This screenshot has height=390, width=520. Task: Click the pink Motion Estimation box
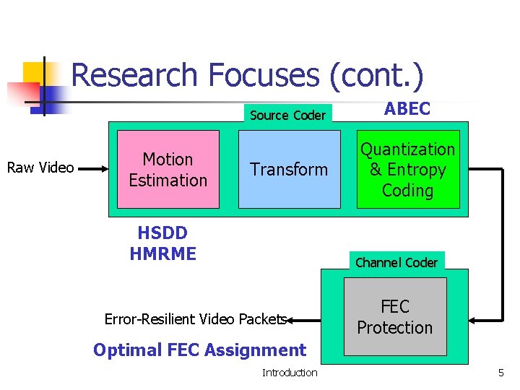168,169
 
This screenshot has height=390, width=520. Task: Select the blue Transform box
289,169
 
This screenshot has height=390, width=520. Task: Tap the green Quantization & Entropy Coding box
408,170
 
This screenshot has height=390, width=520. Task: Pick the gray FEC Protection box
394,317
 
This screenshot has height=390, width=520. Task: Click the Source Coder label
287,115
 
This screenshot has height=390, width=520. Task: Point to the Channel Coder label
396,262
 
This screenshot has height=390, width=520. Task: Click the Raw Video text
40,168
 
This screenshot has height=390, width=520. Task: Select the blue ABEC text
407,109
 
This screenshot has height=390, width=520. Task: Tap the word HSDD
162,233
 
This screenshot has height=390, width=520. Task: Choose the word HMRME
162,253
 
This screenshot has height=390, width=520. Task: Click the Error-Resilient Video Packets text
196,319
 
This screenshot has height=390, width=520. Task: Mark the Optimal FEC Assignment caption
199,350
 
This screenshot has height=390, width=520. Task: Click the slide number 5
500,373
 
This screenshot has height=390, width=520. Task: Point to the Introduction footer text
289,373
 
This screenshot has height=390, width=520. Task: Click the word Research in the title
134,75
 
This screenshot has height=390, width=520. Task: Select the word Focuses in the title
263,75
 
